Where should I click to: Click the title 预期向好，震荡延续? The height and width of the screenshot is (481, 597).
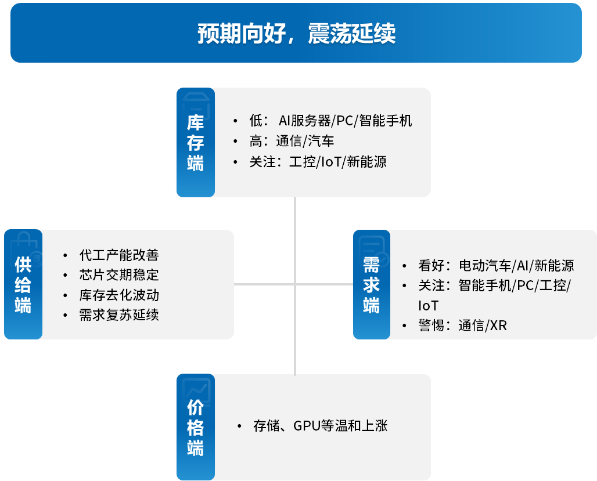(296, 33)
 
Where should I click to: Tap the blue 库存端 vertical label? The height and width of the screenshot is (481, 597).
(196, 142)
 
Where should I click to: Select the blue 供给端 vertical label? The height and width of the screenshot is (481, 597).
(23, 284)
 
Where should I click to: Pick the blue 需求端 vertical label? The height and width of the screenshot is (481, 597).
(372, 285)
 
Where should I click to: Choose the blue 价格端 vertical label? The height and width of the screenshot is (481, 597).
(196, 427)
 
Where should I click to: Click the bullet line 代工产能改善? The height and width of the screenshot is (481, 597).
(119, 255)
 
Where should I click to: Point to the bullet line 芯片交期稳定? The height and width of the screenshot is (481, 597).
(119, 275)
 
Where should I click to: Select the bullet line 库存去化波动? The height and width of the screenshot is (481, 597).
(119, 295)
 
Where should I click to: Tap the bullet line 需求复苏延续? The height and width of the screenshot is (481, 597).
(119, 314)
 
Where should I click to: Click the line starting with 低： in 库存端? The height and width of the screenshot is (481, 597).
(330, 121)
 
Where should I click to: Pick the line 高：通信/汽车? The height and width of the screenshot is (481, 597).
(292, 141)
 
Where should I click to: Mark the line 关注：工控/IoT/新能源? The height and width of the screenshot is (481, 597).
(318, 162)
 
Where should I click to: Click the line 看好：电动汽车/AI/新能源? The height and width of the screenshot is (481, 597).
(496, 265)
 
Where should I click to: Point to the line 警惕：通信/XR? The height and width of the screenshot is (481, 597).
(463, 326)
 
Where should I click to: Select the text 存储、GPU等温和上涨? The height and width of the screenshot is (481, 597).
(320, 425)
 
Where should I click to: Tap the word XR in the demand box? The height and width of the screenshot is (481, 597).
(498, 326)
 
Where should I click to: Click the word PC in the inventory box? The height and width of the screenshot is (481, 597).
(345, 121)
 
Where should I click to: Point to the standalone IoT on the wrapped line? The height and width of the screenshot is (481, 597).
(429, 306)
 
